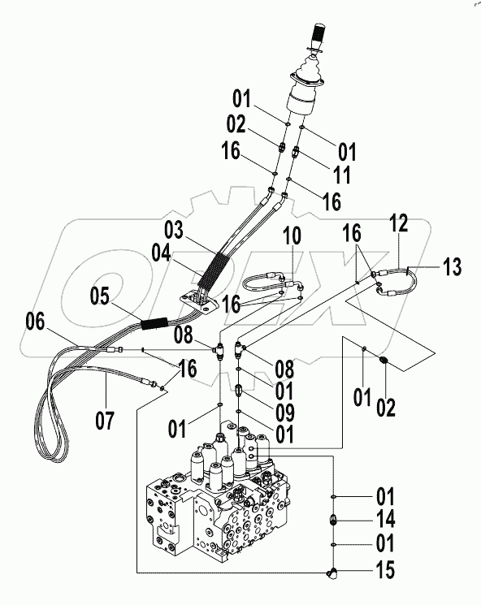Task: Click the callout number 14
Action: click(x=385, y=518)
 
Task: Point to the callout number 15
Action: click(x=385, y=571)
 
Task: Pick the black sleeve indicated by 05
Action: click(x=155, y=322)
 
